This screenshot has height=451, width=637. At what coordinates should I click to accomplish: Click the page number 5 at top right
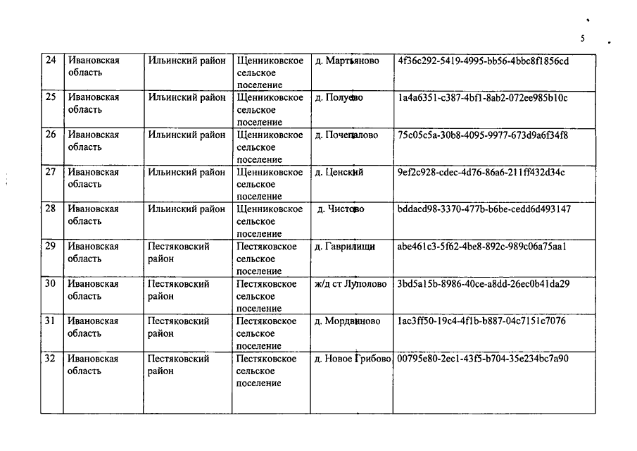click(583, 38)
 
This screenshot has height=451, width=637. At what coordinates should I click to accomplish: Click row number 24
click(51, 61)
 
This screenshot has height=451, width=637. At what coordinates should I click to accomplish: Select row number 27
click(51, 172)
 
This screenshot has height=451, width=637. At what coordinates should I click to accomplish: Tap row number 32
click(51, 359)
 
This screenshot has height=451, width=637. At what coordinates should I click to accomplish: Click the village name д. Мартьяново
click(348, 61)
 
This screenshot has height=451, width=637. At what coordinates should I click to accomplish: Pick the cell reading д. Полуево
click(339, 98)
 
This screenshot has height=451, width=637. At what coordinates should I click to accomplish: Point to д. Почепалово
click(347, 135)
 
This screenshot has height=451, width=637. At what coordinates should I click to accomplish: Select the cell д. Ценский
click(339, 173)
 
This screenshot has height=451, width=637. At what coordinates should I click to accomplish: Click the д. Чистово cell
click(341, 209)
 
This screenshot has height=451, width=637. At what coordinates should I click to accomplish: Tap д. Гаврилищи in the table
click(345, 247)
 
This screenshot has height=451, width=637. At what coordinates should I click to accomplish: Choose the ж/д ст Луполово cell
click(351, 284)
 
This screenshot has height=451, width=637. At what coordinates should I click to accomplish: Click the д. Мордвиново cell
click(348, 321)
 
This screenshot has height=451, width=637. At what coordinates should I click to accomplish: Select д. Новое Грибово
click(352, 359)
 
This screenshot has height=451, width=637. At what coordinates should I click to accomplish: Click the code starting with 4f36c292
click(483, 61)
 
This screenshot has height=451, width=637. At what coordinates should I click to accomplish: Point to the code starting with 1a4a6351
click(482, 98)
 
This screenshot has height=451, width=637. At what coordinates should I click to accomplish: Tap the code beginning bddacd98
click(484, 209)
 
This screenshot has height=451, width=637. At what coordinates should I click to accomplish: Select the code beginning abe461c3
click(482, 247)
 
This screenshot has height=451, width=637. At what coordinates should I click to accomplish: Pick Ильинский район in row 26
click(187, 135)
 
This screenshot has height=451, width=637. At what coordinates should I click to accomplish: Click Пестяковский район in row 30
click(179, 290)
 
